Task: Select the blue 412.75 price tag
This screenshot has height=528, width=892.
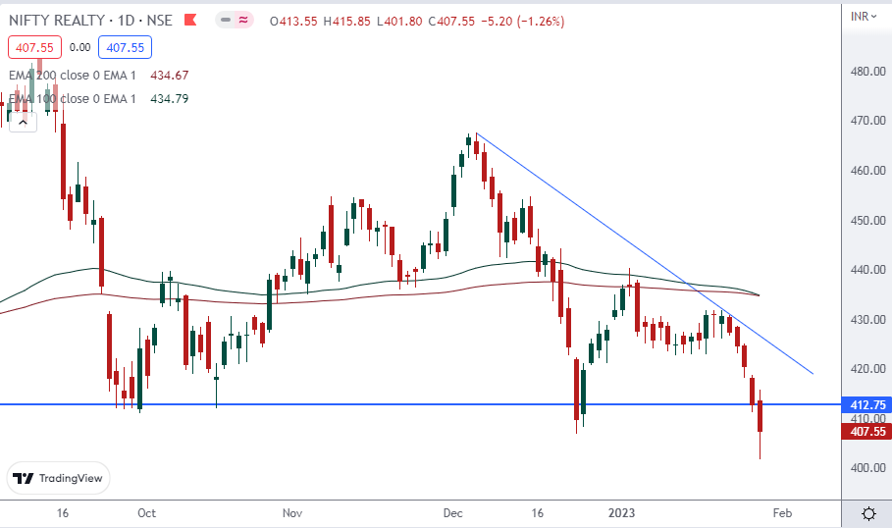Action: click(x=866, y=404)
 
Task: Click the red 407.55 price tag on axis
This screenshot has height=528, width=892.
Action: click(x=866, y=431)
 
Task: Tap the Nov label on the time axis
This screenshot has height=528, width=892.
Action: click(x=291, y=513)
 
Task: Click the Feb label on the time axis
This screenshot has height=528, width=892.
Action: click(x=782, y=513)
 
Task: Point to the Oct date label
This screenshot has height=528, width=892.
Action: click(x=147, y=513)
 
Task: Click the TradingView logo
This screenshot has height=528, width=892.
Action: click(x=59, y=479)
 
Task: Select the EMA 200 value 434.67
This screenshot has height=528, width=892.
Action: click(x=169, y=75)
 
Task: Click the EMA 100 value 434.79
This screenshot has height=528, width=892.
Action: click(x=169, y=98)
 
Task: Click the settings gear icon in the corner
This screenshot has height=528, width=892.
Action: click(x=868, y=513)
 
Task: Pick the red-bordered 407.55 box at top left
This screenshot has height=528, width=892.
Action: click(x=34, y=46)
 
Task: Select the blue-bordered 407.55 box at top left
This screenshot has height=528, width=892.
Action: click(x=125, y=46)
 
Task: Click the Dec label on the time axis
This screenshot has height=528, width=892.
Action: click(x=452, y=513)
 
